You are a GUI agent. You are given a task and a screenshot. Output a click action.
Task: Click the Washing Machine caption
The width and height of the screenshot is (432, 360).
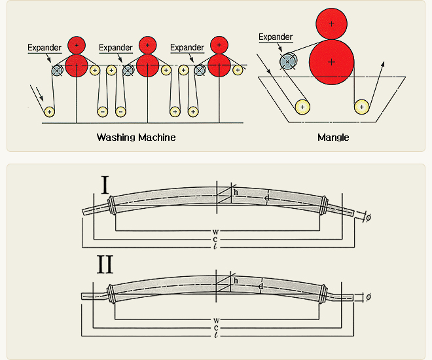point(136,137)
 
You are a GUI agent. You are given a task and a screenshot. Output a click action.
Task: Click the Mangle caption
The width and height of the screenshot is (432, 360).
point(333,137)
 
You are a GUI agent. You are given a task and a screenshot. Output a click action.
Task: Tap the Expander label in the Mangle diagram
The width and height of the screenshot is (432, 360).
point(276,37)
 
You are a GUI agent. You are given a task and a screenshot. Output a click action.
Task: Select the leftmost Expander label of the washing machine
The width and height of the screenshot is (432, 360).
point(45,47)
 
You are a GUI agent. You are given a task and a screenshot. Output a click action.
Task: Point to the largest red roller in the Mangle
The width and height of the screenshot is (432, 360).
point(331,62)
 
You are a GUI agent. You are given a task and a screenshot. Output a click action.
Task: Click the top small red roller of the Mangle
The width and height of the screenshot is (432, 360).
point(331,24)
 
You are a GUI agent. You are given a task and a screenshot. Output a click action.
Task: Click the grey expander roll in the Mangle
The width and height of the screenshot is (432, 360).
point(288,62)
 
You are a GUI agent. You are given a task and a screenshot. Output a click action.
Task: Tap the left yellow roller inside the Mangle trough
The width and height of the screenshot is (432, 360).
point(302,107)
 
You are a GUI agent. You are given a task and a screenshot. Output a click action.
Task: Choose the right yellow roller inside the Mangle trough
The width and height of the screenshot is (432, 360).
point(361,107)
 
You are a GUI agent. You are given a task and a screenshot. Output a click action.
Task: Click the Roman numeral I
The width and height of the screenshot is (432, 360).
point(105,185)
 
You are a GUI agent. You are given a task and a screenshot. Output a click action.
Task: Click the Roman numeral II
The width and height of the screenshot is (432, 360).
point(105,264)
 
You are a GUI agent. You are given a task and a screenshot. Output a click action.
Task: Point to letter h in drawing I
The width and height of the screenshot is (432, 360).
point(236,192)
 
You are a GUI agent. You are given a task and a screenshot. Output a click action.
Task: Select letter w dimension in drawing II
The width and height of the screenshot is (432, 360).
point(216,320)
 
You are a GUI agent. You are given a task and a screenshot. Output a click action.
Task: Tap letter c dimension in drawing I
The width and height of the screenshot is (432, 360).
point(215,239)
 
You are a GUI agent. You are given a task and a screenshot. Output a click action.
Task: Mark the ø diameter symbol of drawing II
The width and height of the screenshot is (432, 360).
point(369,297)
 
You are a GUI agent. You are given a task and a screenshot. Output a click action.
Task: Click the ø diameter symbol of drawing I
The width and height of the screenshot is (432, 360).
point(369,217)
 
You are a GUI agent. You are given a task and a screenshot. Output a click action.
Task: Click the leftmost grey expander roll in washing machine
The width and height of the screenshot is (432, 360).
point(57,71)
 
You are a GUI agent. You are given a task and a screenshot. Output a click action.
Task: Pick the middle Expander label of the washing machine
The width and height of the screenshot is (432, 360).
point(116,47)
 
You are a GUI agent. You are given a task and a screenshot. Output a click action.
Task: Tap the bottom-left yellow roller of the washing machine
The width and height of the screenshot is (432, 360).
point(49,112)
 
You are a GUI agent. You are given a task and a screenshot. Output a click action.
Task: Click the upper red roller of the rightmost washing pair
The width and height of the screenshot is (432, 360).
point(219,45)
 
